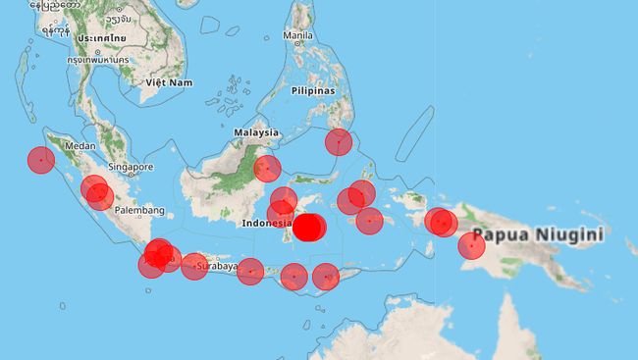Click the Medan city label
pyautogui.click(x=79, y=146)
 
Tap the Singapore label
pyautogui.click(x=131, y=167)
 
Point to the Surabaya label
pyautogui.click(x=216, y=265)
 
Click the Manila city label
pyautogui.click(x=297, y=35)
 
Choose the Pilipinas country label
pyautogui.click(x=313, y=90)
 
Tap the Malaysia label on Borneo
pyautogui.click(x=256, y=132)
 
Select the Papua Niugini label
pyautogui.click(x=537, y=235)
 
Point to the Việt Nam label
pyautogui.click(x=167, y=82)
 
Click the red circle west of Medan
pyautogui.click(x=40, y=160)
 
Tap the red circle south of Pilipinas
pyautogui.click(x=339, y=141)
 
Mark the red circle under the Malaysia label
pyautogui.click(x=267, y=169)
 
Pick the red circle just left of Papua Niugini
pyautogui.click(x=471, y=245)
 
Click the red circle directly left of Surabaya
pyautogui.click(x=194, y=266)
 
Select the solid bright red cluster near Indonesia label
pyautogui.click(x=309, y=228)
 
